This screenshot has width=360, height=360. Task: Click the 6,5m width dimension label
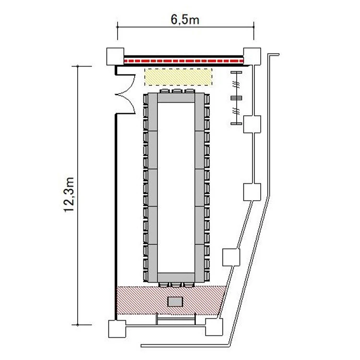pyautogui.click(x=185, y=20)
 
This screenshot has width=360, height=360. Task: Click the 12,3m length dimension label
pyautogui.click(x=69, y=195)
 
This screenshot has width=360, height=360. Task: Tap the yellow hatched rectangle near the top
pyautogui.click(x=178, y=77)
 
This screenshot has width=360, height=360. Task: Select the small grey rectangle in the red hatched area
pyautogui.click(x=175, y=302)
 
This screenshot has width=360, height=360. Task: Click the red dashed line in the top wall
pyautogui.click(x=184, y=61)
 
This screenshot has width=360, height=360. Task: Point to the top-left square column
pyautogui.click(x=115, y=57)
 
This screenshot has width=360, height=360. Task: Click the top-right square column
pyautogui.click(x=252, y=56)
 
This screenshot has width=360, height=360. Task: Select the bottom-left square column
pyautogui.click(x=117, y=329)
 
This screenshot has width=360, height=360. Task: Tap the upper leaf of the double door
pyautogui.click(x=125, y=84)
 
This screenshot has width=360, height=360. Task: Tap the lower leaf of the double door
pyautogui.click(x=125, y=104)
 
